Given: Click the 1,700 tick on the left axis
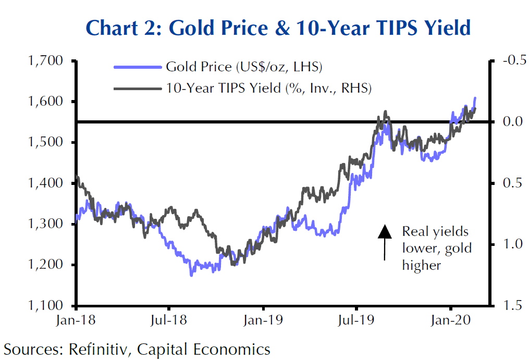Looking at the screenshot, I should click(44, 61).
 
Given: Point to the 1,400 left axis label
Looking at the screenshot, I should click(44, 183).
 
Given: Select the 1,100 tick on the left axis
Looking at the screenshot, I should click(44, 306).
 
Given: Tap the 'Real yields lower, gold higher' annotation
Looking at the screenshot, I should click(436, 249).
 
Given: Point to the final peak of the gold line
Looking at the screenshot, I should click(475, 98).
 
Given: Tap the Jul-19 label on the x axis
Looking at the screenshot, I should click(356, 320).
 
